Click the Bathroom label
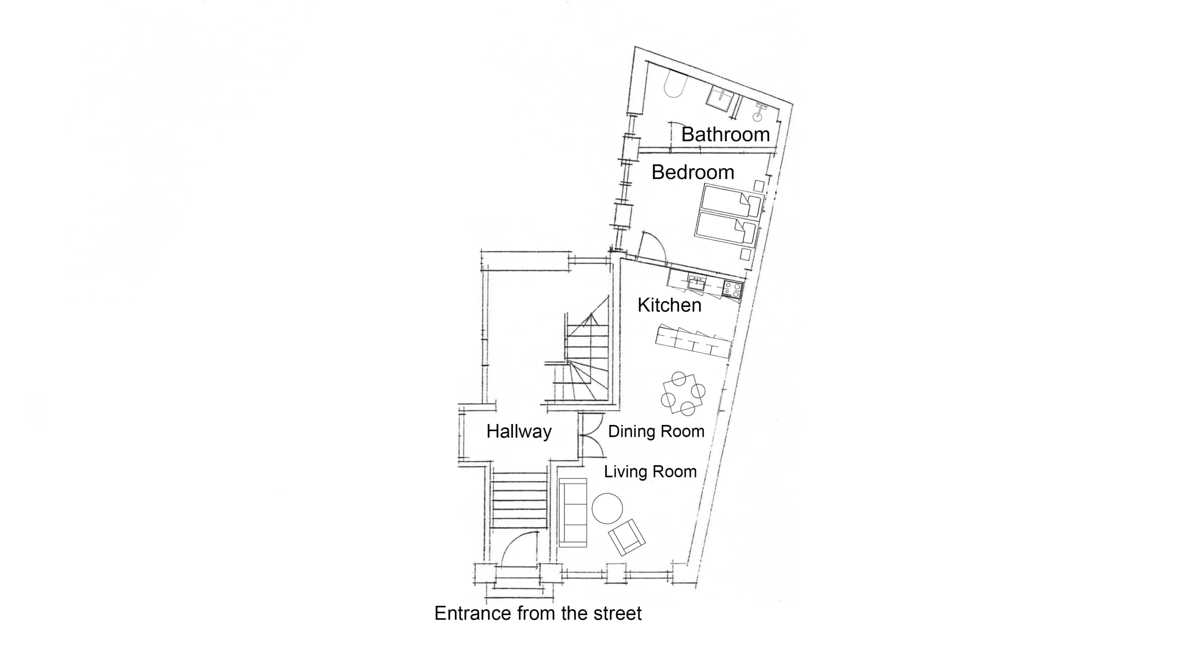[x=725, y=134]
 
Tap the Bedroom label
[x=693, y=172]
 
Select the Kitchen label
[x=670, y=305]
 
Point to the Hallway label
[x=519, y=432]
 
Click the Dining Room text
[x=656, y=431]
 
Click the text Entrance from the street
[x=538, y=613]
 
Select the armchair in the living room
[x=626, y=537]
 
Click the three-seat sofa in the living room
[x=573, y=513]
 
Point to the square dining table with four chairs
[x=683, y=394]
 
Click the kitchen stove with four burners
[x=732, y=291]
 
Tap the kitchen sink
[x=696, y=283]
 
